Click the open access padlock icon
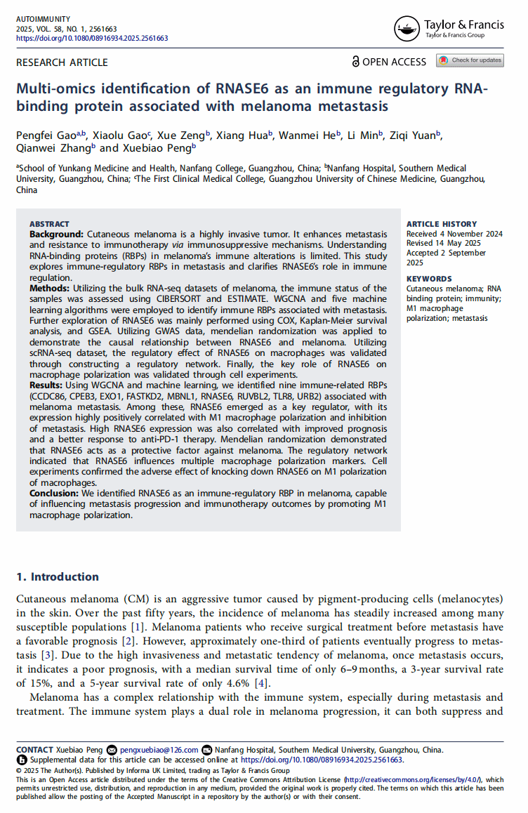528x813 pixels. pyautogui.click(x=355, y=62)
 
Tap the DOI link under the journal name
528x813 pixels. pyautogui.click(x=92, y=38)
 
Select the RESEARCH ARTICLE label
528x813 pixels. pyautogui.click(x=62, y=62)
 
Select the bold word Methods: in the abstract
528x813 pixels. pyautogui.click(x=51, y=289)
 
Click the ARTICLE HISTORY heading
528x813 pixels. pyautogui.click(x=442, y=224)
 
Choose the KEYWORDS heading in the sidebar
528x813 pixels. pyautogui.click(x=429, y=279)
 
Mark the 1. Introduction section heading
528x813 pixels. pyautogui.click(x=58, y=577)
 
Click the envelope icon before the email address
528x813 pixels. pyautogui.click(x=112, y=750)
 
